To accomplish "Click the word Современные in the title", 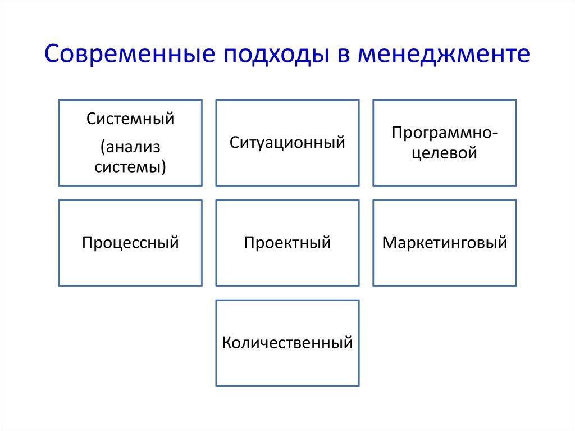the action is coord(130,53).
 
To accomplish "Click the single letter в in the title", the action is coord(343,56).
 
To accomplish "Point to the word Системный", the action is coord(130,119).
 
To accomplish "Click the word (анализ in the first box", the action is coord(130,147).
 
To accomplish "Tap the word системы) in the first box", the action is coord(130,167).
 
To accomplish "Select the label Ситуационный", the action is coord(287,143).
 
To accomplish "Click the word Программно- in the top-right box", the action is coord(445,133).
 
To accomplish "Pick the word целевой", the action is coord(445,153).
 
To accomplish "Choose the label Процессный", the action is coord(130,243).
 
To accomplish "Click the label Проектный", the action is coord(287,243).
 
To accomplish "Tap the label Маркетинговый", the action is coord(445,243).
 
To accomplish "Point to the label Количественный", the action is coord(287,343).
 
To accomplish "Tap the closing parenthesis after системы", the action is coord(164,167).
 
